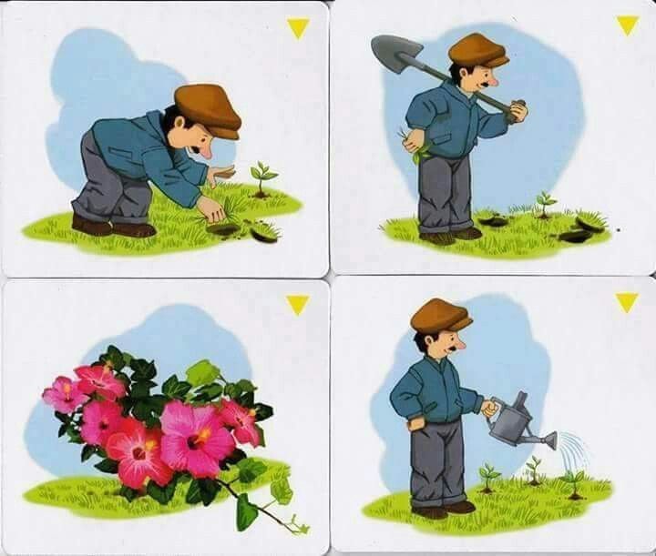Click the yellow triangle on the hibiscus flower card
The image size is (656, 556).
tap(297, 304)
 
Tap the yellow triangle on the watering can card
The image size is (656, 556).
tap(626, 301)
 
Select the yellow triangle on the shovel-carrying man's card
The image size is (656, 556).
tap(627, 25)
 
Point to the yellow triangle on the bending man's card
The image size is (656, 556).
tap(298, 28)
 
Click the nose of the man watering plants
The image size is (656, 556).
tap(462, 344)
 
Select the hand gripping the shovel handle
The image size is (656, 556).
tap(518, 110)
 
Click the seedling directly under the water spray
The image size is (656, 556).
tap(574, 481)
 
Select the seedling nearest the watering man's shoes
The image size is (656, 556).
tap(489, 476)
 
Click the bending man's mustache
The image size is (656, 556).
tap(195, 145)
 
